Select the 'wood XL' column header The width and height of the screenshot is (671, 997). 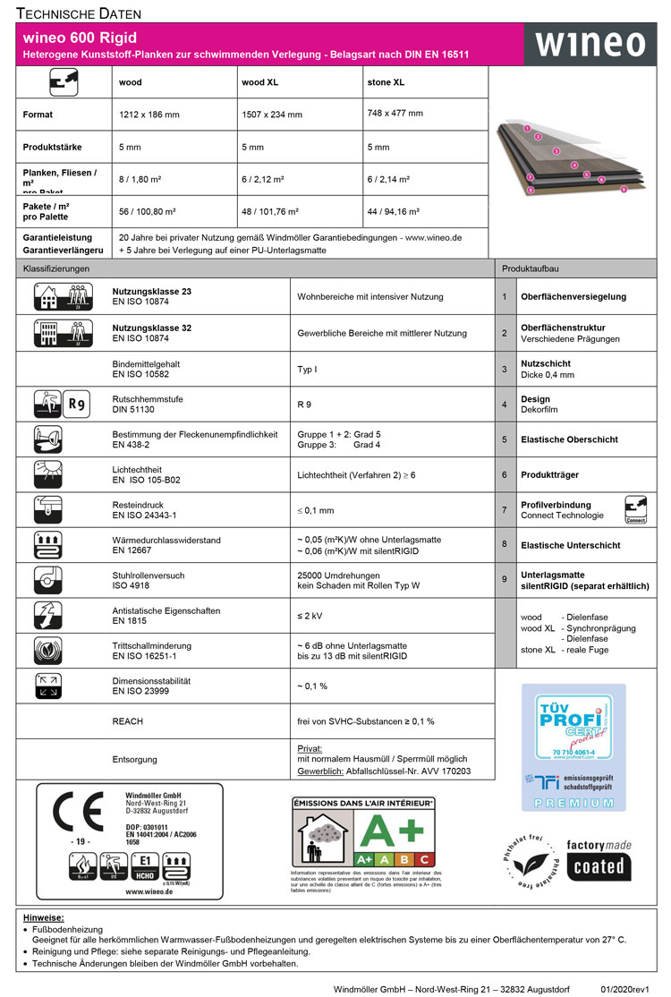pyautogui.click(x=259, y=82)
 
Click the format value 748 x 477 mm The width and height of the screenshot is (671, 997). pyautogui.click(x=395, y=114)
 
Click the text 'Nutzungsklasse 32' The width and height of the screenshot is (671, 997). pyautogui.click(x=151, y=328)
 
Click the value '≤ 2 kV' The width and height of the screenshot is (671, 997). pyautogui.click(x=310, y=617)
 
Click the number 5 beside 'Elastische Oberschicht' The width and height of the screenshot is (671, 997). pyautogui.click(x=505, y=439)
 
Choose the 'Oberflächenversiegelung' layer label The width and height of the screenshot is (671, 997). pyautogui.click(x=573, y=296)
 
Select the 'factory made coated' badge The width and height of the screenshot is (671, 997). pyautogui.click(x=599, y=859)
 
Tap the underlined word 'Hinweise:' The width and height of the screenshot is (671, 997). pyautogui.click(x=44, y=918)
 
